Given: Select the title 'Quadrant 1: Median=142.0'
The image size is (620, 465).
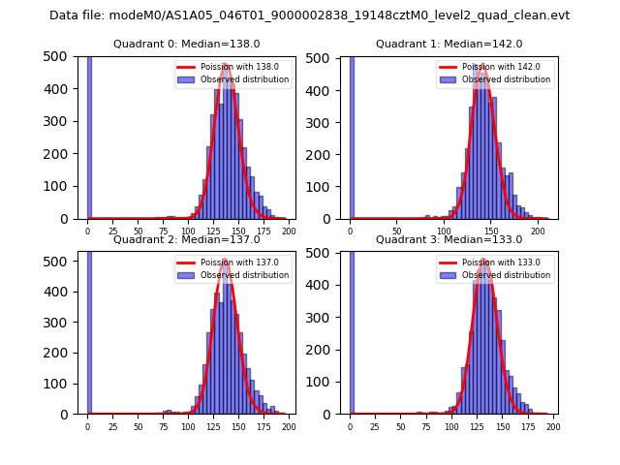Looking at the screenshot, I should tap(449, 44).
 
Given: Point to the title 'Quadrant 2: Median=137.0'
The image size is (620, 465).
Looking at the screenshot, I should tap(186, 239).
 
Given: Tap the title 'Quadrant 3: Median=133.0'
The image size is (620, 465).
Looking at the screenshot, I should tap(449, 239).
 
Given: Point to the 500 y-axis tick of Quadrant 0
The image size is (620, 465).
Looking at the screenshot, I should tap(61, 56).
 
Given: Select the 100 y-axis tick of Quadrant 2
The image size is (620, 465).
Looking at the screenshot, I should tap(61, 382).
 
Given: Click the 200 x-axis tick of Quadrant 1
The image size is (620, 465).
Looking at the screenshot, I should tap(537, 232).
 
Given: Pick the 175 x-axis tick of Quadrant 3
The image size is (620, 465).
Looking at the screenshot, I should tap(528, 427).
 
